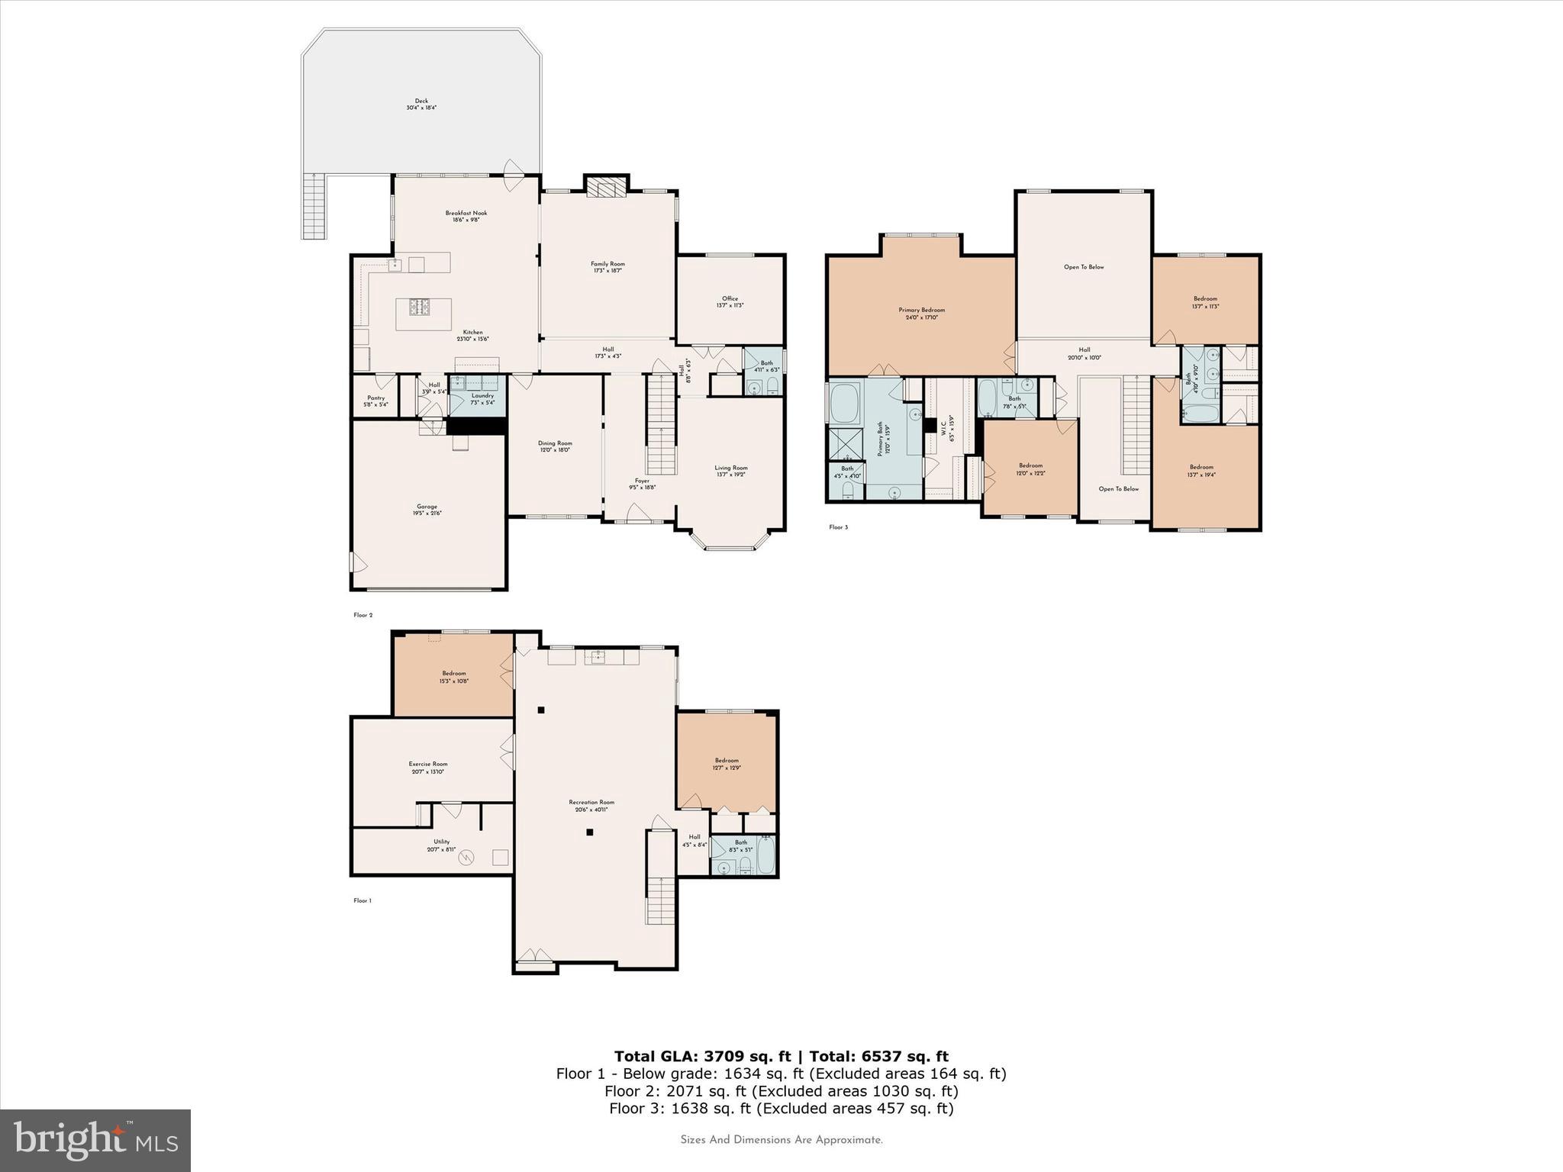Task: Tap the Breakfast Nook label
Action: pyautogui.click(x=466, y=217)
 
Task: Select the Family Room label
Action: pyautogui.click(x=607, y=267)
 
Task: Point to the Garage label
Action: pyautogui.click(x=427, y=510)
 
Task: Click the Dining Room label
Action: pyautogui.click(x=555, y=446)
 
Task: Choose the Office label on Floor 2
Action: pyautogui.click(x=730, y=301)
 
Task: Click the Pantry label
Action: pyautogui.click(x=375, y=401)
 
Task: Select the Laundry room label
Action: pyautogui.click(x=482, y=398)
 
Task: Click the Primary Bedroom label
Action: pyautogui.click(x=921, y=313)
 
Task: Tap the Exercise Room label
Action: pyautogui.click(x=427, y=767)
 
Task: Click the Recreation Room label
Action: pyautogui.click(x=591, y=805)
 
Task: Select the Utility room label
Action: pyautogui.click(x=441, y=845)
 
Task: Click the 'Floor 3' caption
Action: pyautogui.click(x=838, y=527)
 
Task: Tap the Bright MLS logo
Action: pyautogui.click(x=95, y=1140)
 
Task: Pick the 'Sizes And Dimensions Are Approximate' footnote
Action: pyautogui.click(x=781, y=1140)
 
